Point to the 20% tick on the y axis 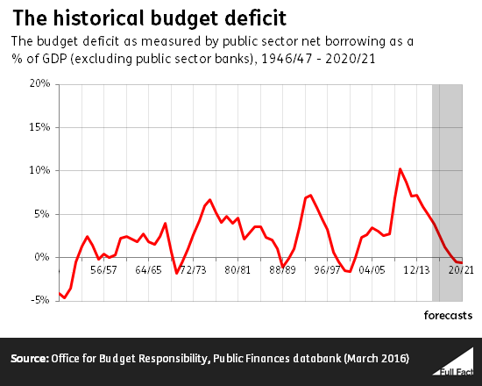point(39,84)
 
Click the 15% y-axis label point(39,127)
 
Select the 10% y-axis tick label point(39,170)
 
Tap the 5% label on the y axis point(41,213)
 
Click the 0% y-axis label point(41,257)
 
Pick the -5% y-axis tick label point(39,300)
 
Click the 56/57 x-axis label point(103,270)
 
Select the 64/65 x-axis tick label point(148,270)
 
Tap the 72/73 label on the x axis point(193,270)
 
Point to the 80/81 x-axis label point(237,270)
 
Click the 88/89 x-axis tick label point(282,270)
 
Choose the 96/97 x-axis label point(327,270)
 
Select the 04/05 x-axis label point(372,270)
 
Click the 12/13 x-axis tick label point(417,270)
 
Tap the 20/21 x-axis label point(462,270)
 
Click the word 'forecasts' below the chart point(449,313)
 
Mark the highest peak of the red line point(400,168)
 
